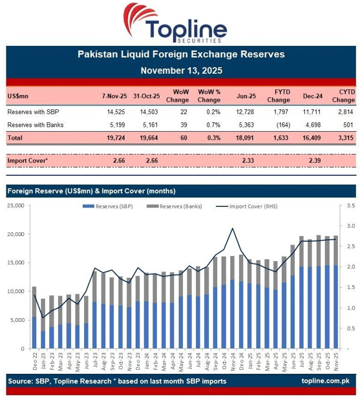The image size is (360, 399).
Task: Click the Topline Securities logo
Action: tap(180, 23)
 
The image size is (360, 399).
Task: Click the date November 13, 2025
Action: tap(180, 70)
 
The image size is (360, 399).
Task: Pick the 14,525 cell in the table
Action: tap(114, 112)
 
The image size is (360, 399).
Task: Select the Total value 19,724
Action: tap(114, 138)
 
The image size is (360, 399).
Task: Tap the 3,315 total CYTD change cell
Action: tap(343, 138)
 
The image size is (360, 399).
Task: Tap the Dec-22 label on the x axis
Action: tap(34, 359)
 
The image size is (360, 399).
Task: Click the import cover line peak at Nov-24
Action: tap(232, 228)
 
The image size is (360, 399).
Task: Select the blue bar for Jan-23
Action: tap(43, 340)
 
